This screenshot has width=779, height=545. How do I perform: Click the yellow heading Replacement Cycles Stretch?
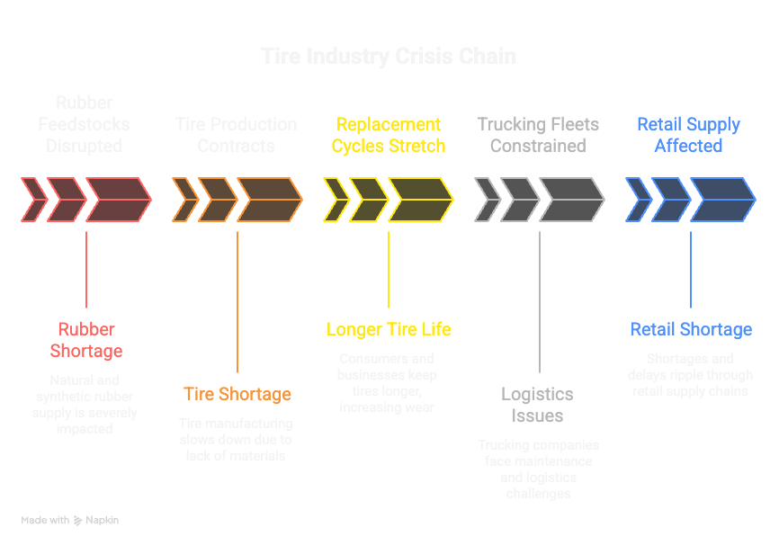tap(388, 135)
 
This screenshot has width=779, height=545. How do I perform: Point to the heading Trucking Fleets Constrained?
tap(538, 135)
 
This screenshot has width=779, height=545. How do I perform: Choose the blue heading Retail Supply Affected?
tap(688, 135)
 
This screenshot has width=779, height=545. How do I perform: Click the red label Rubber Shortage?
tap(86, 340)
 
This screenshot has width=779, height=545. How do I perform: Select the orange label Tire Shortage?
tap(237, 394)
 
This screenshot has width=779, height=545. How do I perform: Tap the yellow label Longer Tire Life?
tap(389, 329)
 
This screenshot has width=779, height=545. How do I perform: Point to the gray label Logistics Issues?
tap(538, 405)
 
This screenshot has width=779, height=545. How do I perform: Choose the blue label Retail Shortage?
tap(691, 329)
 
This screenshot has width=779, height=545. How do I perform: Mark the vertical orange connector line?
tap(237, 301)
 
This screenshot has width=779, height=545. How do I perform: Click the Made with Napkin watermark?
tap(70, 520)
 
